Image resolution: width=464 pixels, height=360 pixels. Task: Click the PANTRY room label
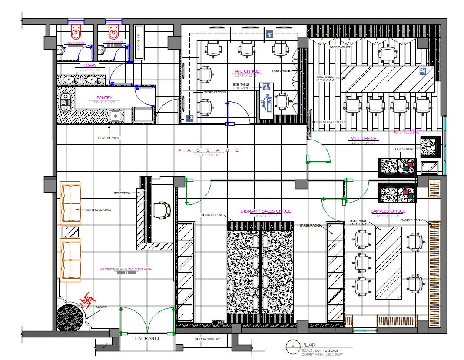pos(104,98)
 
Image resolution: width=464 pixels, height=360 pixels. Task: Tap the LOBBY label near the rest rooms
pos(90,65)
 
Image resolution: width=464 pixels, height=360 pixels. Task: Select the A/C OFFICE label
pos(247,71)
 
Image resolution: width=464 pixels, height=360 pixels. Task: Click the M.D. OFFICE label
pos(363,139)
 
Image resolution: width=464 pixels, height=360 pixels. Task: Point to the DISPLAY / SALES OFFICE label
pos(265,211)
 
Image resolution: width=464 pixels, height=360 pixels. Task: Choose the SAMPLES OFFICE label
pos(388,211)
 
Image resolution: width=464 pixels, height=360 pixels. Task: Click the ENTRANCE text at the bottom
pos(147,338)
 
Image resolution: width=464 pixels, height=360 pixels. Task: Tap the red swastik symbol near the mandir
pos(88,299)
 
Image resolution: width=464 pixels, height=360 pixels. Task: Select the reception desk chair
pos(162,209)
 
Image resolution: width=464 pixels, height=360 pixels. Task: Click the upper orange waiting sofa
pos(70,203)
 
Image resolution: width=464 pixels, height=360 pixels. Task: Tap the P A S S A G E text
pos(208,150)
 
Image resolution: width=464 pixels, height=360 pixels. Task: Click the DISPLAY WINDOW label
pos(207,339)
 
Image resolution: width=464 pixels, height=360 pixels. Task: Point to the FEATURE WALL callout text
pos(109,138)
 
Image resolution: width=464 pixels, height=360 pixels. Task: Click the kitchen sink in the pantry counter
pos(115,116)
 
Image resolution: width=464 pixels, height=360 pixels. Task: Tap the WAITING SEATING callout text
pos(98,210)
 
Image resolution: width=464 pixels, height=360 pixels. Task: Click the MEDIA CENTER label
pos(334,122)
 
